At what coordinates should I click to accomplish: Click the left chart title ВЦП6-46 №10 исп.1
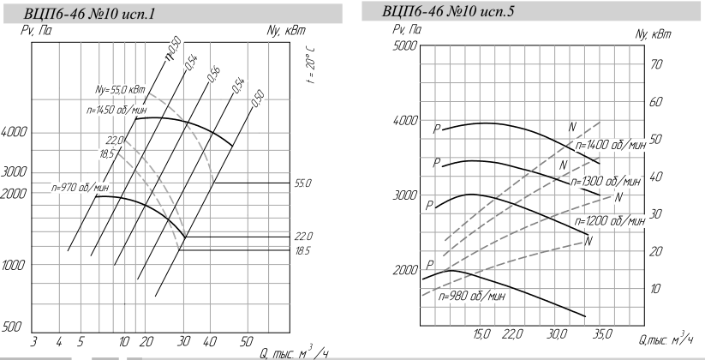point(89,14)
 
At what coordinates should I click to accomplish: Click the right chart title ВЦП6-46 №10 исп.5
point(448,11)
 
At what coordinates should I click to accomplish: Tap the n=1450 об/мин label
point(117,110)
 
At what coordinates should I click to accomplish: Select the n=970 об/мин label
point(80,187)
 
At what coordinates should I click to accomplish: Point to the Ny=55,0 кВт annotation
point(120,90)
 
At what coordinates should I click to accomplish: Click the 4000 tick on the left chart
point(14,132)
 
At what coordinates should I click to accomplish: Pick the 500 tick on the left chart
point(11,327)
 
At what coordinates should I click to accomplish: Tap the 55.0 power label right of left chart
point(303,183)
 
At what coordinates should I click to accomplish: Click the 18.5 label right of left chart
point(303,250)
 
